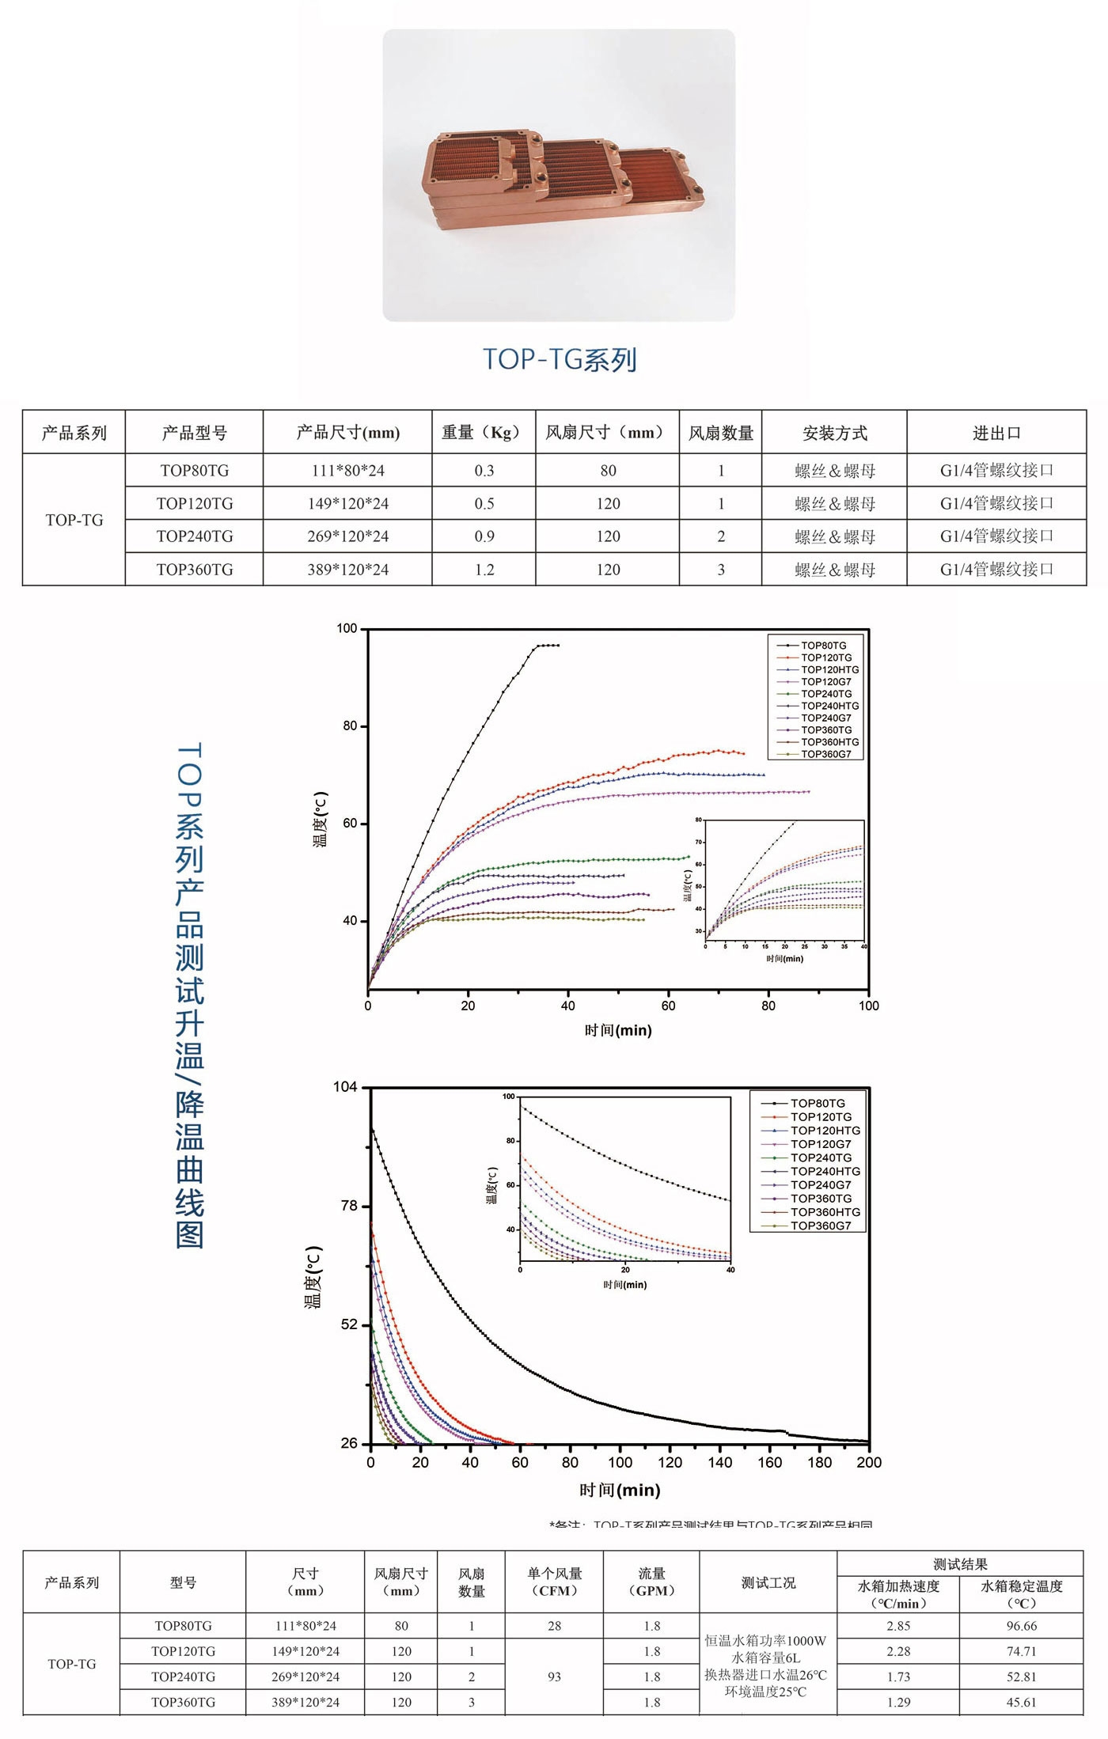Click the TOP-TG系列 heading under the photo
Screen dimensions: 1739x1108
(560, 359)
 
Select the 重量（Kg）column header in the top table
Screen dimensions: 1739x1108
(484, 433)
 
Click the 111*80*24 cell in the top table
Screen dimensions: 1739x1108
(347, 471)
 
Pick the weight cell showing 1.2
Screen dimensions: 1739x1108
(484, 570)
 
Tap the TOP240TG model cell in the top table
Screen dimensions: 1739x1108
(195, 536)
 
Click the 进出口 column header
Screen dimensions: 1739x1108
(996, 433)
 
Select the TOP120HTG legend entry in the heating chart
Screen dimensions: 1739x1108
(829, 669)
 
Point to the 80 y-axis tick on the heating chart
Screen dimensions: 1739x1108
(350, 726)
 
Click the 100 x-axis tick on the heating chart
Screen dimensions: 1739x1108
(868, 1006)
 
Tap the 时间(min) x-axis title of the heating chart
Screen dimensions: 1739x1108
(618, 1030)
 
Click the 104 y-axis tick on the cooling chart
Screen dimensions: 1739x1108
(345, 1087)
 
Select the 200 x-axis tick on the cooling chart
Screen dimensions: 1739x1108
(868, 1462)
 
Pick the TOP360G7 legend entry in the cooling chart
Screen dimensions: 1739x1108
(821, 1226)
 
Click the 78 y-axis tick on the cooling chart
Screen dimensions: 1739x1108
(349, 1206)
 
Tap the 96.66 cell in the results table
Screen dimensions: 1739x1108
(1021, 1626)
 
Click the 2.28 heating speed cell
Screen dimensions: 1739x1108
(898, 1651)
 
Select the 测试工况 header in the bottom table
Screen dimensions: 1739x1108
(768, 1582)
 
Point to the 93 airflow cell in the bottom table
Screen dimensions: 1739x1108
(554, 1676)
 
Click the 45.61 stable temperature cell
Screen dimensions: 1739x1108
(1021, 1702)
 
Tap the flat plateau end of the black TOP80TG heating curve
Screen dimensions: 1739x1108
(557, 646)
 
